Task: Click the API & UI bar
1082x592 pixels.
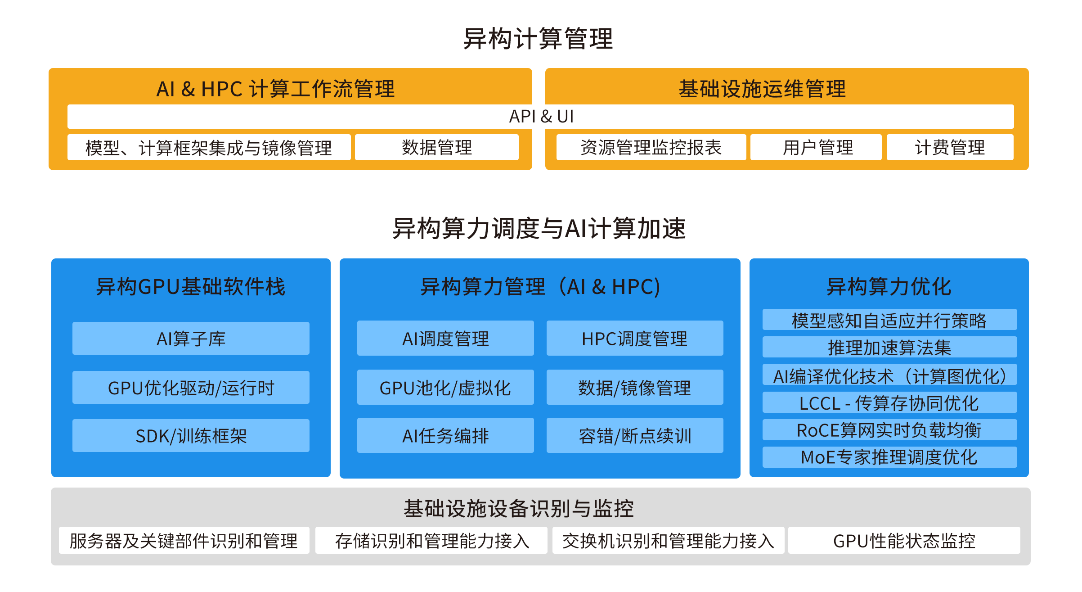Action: tap(541, 117)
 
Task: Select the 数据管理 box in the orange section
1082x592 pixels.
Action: tap(437, 147)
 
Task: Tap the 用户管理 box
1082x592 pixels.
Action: tap(816, 147)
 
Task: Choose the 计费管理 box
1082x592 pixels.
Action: tap(950, 147)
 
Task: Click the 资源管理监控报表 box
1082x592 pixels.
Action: tap(651, 147)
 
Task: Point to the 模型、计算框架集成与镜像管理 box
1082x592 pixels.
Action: tap(209, 147)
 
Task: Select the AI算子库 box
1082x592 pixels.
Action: tap(191, 339)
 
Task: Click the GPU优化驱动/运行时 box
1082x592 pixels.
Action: tap(191, 388)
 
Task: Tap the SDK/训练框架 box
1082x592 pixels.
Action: tap(191, 436)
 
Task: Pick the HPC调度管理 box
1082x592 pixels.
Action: tap(635, 339)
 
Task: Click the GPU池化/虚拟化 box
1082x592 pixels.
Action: tap(445, 388)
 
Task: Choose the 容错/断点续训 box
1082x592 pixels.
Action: tap(635, 436)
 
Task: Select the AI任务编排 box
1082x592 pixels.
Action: tap(445, 436)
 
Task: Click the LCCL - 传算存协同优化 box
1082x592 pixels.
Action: tap(889, 402)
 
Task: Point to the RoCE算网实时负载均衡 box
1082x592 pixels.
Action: tap(889, 430)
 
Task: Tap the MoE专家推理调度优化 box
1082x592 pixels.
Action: tap(889, 457)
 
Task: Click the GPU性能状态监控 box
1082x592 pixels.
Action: tap(904, 540)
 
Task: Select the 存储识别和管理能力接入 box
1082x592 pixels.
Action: tap(431, 540)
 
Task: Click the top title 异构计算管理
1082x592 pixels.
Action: tap(538, 39)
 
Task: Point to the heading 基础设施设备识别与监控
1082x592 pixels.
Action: tap(518, 508)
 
